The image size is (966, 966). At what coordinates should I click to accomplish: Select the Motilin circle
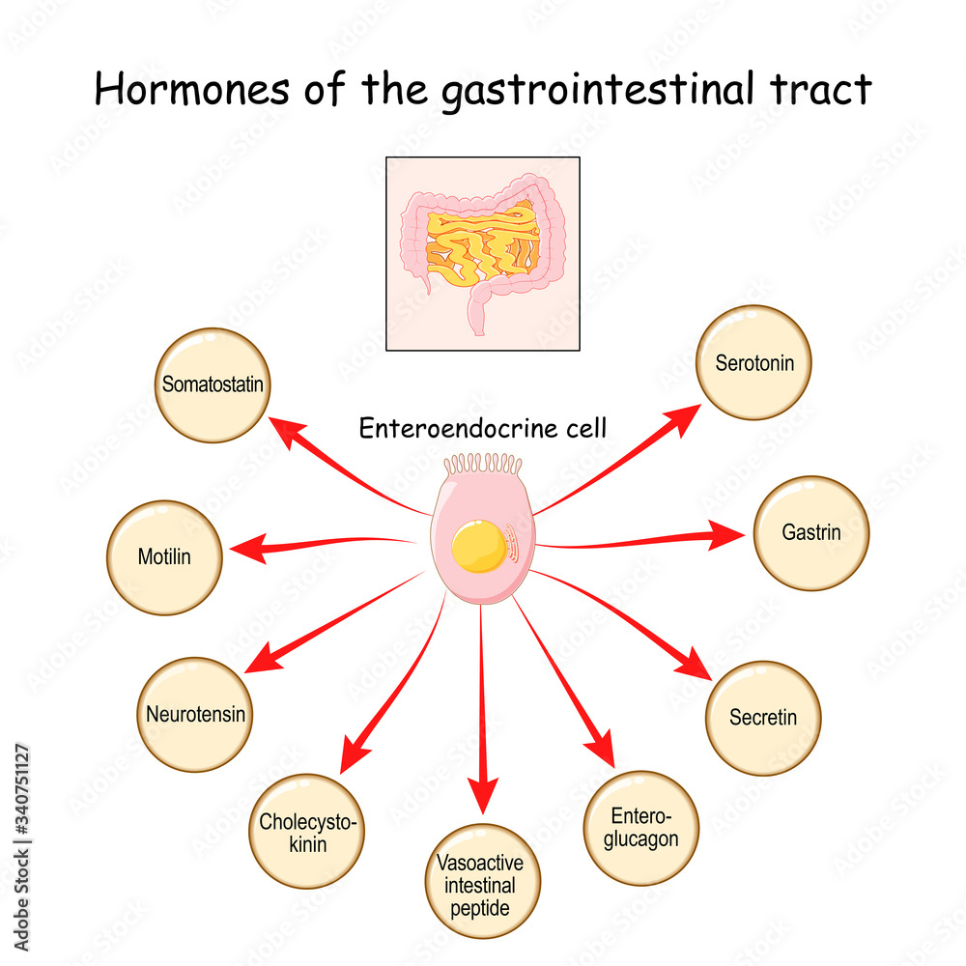(x=165, y=557)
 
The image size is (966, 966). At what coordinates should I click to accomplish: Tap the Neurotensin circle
(x=195, y=715)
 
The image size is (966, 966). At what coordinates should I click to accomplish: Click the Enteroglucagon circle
(x=641, y=828)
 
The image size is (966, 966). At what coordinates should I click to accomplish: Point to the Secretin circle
(x=763, y=718)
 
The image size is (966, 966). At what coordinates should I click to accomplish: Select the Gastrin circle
(x=810, y=533)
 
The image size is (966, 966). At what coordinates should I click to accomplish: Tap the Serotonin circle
(x=754, y=363)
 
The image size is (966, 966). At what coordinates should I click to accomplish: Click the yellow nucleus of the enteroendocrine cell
(x=479, y=546)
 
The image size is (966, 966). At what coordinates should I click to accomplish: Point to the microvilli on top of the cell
(x=483, y=467)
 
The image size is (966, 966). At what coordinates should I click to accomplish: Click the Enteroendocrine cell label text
(x=483, y=428)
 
